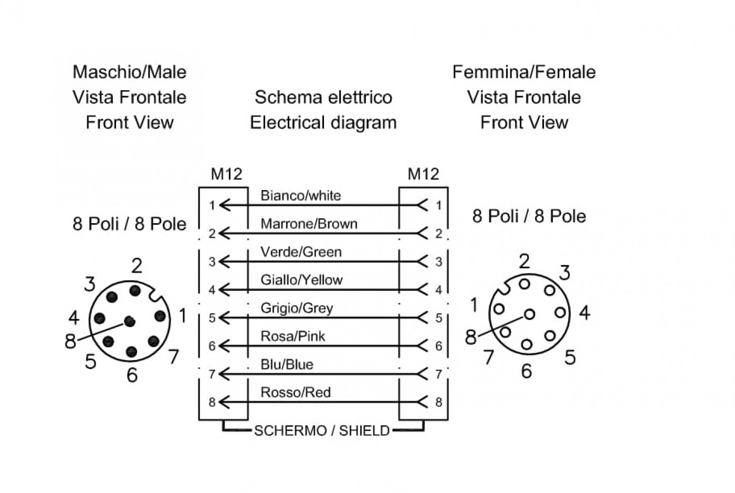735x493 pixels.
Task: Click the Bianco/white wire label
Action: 300,196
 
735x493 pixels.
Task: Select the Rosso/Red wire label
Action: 295,392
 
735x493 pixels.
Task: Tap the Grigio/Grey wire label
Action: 297,308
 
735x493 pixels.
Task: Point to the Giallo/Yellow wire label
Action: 301,280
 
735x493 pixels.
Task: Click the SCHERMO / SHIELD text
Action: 322,431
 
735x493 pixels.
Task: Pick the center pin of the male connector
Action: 130,321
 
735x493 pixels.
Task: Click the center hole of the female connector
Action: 529,314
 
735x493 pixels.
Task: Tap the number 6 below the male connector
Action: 132,375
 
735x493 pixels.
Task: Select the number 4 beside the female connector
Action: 584,312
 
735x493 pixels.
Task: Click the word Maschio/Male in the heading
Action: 130,72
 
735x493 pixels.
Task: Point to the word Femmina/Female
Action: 524,72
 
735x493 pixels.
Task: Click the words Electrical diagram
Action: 323,122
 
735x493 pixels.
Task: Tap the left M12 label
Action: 226,174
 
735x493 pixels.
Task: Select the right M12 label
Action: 423,174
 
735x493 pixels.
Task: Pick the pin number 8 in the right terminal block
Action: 439,402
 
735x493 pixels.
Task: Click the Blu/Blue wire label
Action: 287,364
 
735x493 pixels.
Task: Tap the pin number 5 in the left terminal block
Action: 212,318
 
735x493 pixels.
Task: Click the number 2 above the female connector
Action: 524,261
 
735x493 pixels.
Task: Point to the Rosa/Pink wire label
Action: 293,336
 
